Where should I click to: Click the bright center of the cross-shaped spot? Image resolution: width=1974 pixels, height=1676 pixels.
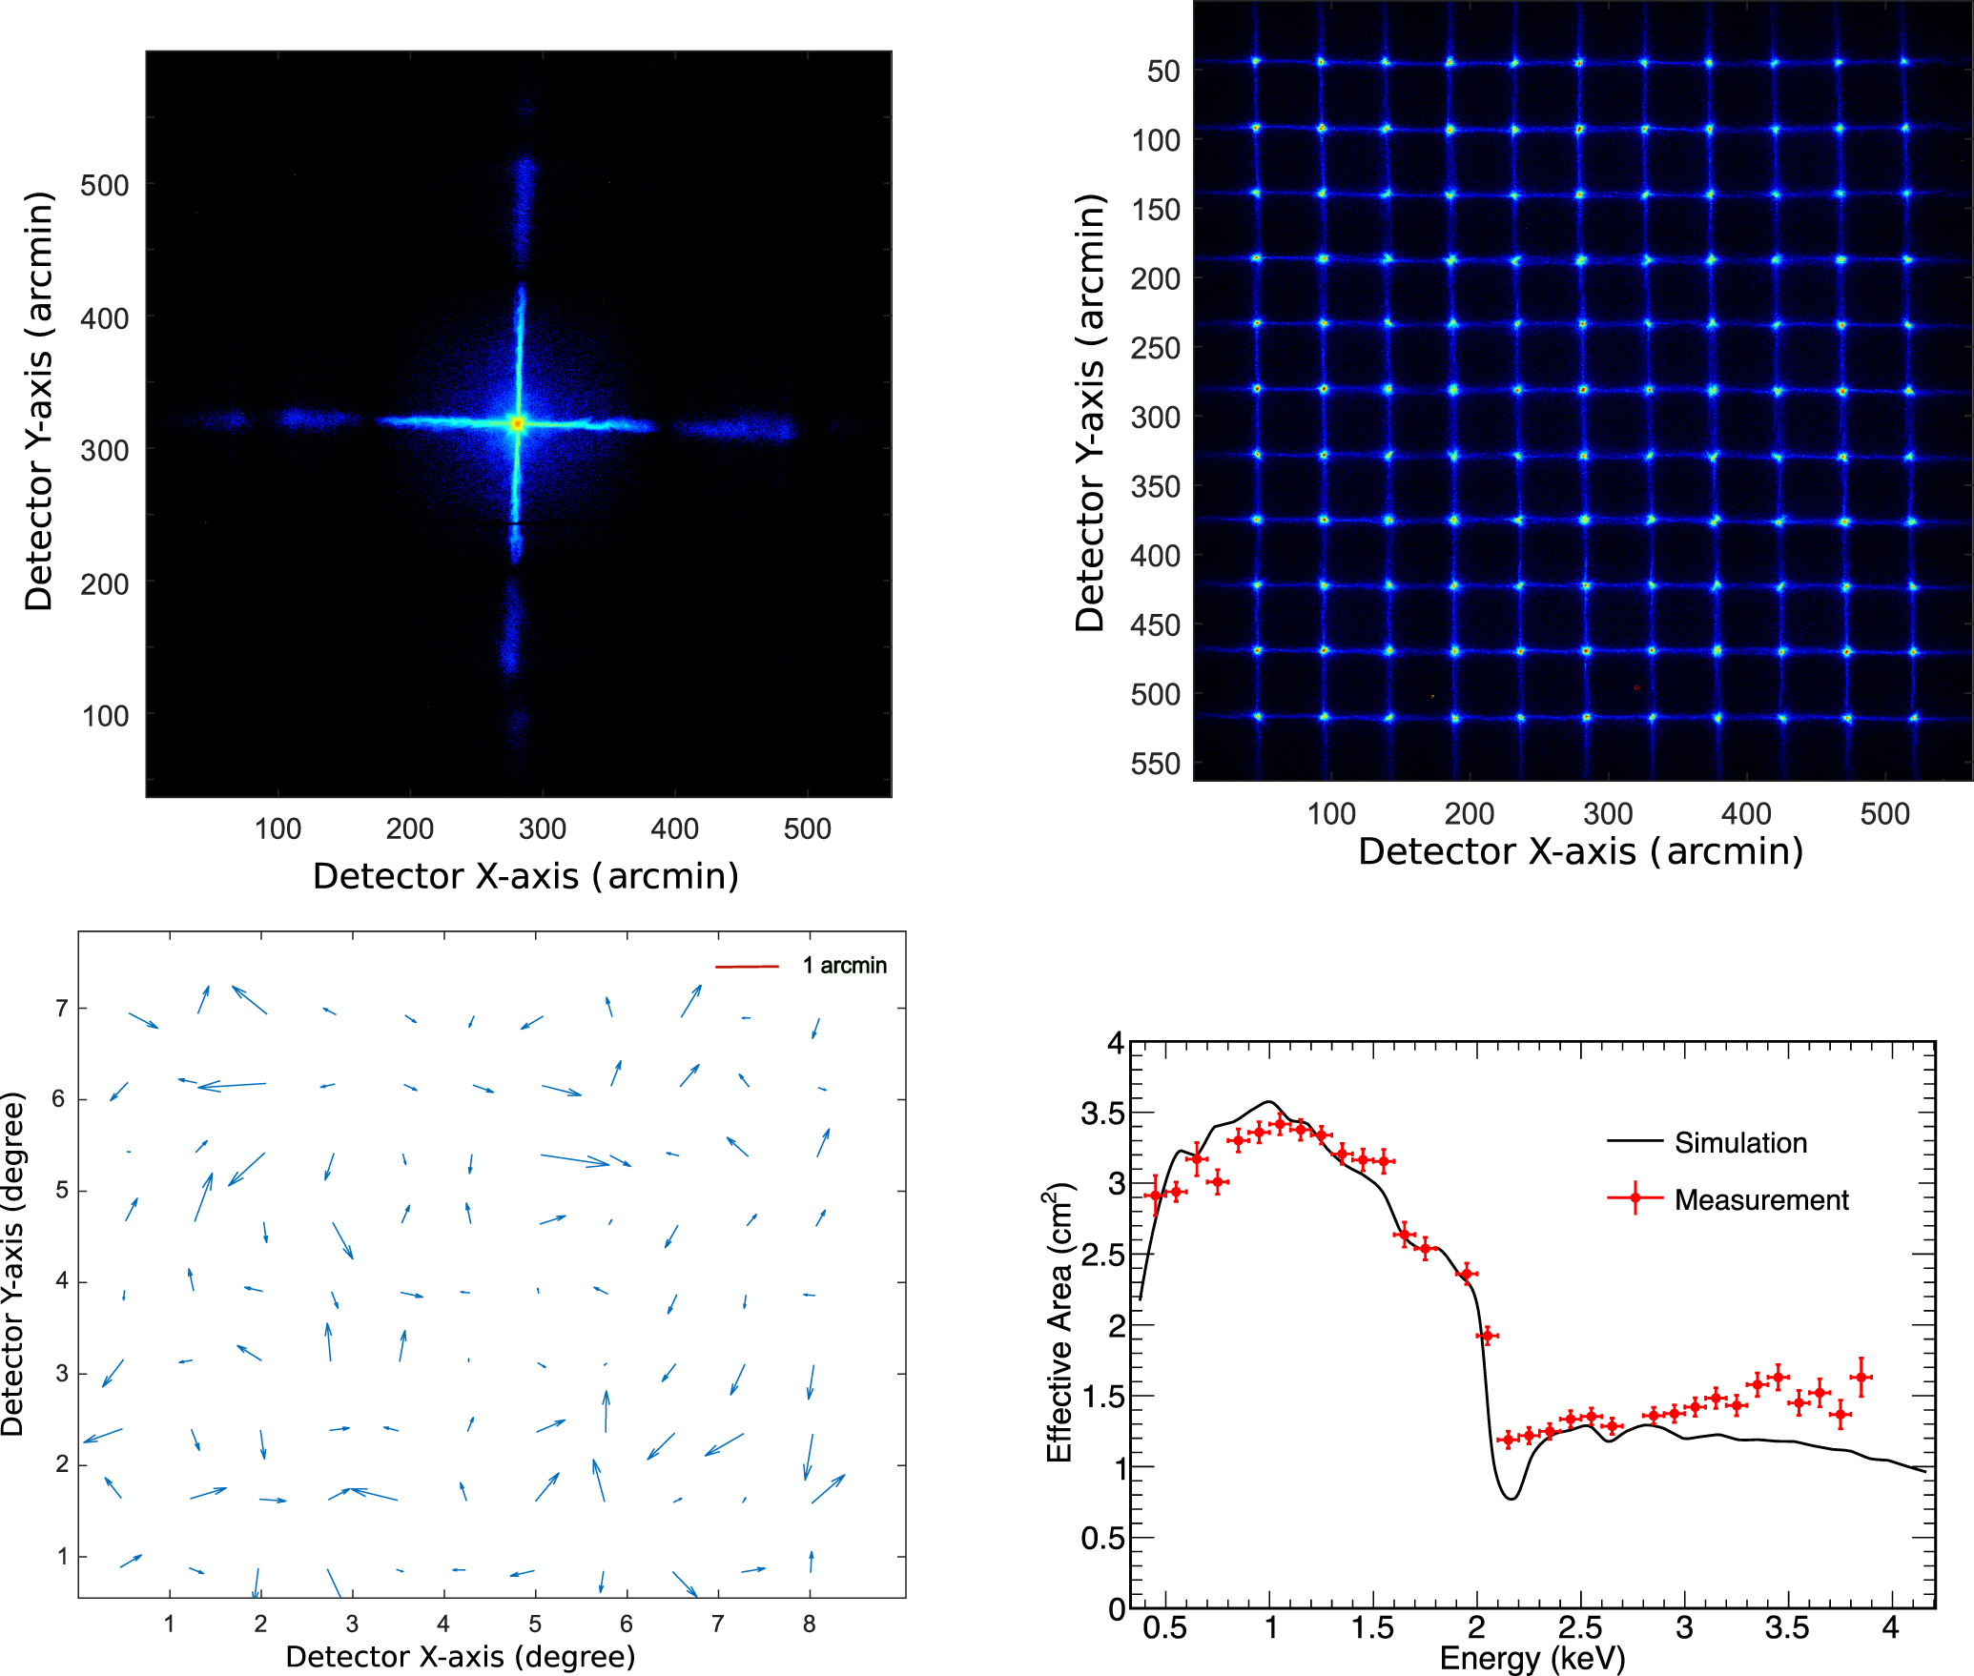518,422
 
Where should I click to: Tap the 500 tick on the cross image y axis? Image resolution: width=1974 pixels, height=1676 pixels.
104,186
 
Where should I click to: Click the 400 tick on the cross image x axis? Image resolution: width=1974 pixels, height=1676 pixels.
674,828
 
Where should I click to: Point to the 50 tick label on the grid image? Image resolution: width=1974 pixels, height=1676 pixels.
1162,72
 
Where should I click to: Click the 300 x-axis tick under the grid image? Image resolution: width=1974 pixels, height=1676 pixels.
1608,814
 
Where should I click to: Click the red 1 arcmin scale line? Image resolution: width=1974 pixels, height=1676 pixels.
747,967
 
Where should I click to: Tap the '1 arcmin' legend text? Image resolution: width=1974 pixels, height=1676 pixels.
844,966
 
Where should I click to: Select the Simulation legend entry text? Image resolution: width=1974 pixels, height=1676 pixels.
1740,1142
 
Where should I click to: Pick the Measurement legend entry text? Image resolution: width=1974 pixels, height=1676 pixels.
1760,1199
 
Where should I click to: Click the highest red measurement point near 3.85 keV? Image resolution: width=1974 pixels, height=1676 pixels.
1861,1378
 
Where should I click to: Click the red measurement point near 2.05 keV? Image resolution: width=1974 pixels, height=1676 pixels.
1487,1336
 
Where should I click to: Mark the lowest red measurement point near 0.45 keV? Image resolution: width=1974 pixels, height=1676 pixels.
1155,1196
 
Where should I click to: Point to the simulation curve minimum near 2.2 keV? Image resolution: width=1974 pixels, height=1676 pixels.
1511,1499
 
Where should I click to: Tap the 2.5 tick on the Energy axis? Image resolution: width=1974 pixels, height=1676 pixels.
1580,1627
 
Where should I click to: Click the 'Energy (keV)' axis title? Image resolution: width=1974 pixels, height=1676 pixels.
1532,1659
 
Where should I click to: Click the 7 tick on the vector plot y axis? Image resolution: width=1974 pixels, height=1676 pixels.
62,1008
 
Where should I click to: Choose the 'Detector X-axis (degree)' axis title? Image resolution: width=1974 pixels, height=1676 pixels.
461,1657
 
